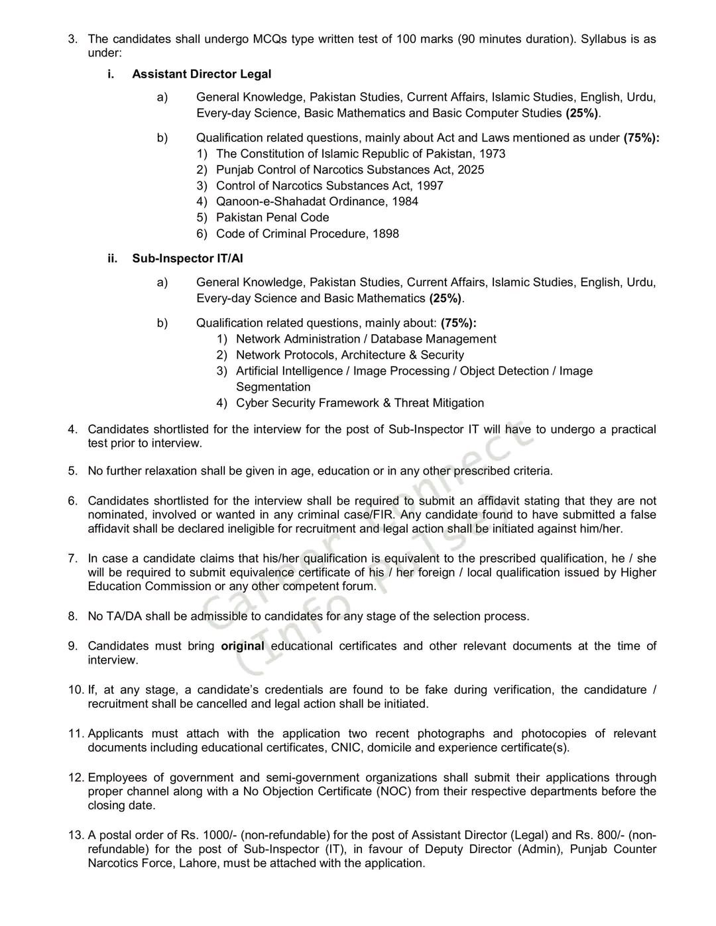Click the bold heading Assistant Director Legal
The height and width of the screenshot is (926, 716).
coord(202,74)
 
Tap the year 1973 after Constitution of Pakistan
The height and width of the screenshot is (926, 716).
coord(493,154)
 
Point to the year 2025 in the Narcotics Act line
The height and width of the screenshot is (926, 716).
coord(471,170)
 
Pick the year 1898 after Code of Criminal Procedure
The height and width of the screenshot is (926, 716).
coord(386,234)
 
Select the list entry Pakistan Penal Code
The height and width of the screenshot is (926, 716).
coord(272,217)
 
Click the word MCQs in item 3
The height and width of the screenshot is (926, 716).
coord(270,38)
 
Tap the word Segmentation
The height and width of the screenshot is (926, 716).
coord(273,387)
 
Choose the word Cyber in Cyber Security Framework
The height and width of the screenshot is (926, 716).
coord(251,403)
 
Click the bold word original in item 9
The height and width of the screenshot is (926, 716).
coord(243,646)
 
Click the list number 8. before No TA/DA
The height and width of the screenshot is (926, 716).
coord(73,616)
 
